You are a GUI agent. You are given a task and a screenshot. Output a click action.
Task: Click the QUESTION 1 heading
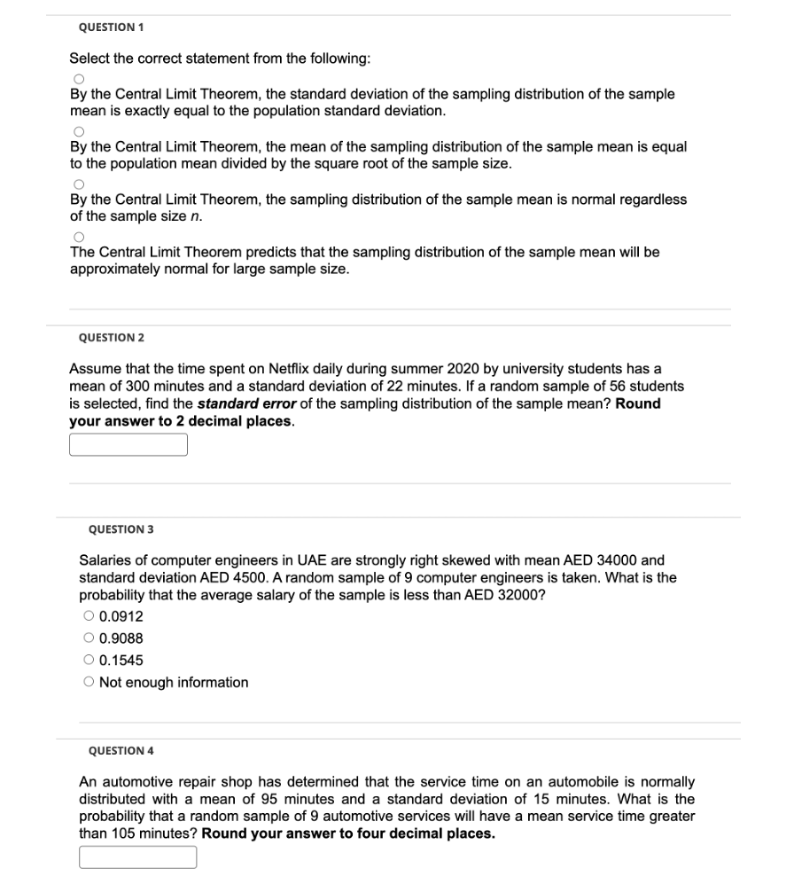tap(111, 27)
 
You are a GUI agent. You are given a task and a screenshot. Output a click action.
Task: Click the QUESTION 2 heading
tap(111, 338)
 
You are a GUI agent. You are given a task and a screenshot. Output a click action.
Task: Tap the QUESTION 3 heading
tap(121, 529)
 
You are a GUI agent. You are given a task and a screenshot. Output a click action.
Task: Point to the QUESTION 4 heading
tap(121, 751)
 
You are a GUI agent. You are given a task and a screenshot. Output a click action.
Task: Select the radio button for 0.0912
tap(89, 616)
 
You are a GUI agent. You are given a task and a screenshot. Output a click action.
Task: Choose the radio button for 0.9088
tap(89, 638)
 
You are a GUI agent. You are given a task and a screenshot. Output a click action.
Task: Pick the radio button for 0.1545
tap(89, 661)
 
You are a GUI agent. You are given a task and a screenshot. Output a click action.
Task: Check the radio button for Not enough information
tap(89, 683)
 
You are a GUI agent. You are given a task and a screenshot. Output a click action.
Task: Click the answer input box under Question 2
tap(128, 444)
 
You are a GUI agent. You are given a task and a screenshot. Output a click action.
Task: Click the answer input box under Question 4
tap(138, 857)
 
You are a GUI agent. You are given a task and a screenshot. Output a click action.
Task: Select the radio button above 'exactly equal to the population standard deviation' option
tap(78, 79)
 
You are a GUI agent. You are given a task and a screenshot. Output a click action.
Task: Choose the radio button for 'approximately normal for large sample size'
tap(78, 238)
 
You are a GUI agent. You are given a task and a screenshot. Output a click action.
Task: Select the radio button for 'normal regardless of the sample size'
tap(78, 184)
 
